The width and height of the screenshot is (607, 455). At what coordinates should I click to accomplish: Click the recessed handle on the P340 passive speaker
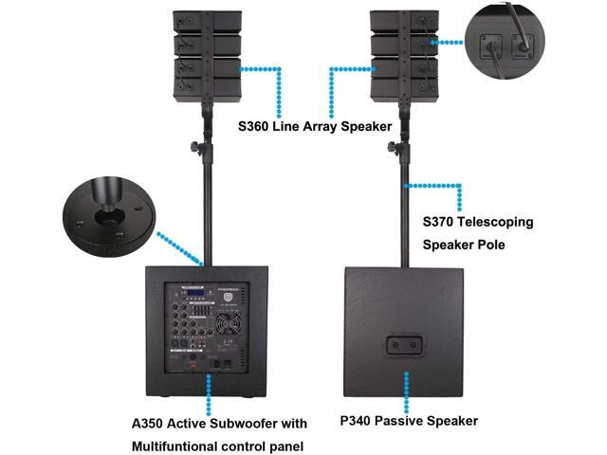pos(405,347)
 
